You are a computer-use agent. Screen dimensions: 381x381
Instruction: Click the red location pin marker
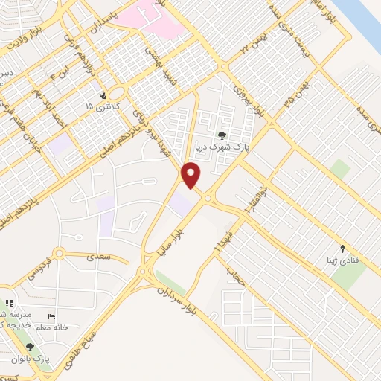192,175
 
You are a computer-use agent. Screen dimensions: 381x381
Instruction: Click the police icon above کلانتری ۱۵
102,95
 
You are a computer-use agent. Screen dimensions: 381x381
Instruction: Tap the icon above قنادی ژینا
343,249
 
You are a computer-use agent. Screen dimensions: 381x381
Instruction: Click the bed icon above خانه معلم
51,316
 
